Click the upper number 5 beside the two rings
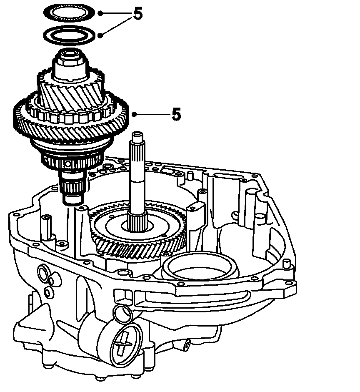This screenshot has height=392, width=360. pos(137,15)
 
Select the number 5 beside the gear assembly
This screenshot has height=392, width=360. pos(176,114)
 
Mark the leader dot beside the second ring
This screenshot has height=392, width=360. pos(100,35)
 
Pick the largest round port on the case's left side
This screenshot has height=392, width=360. pos(43,274)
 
